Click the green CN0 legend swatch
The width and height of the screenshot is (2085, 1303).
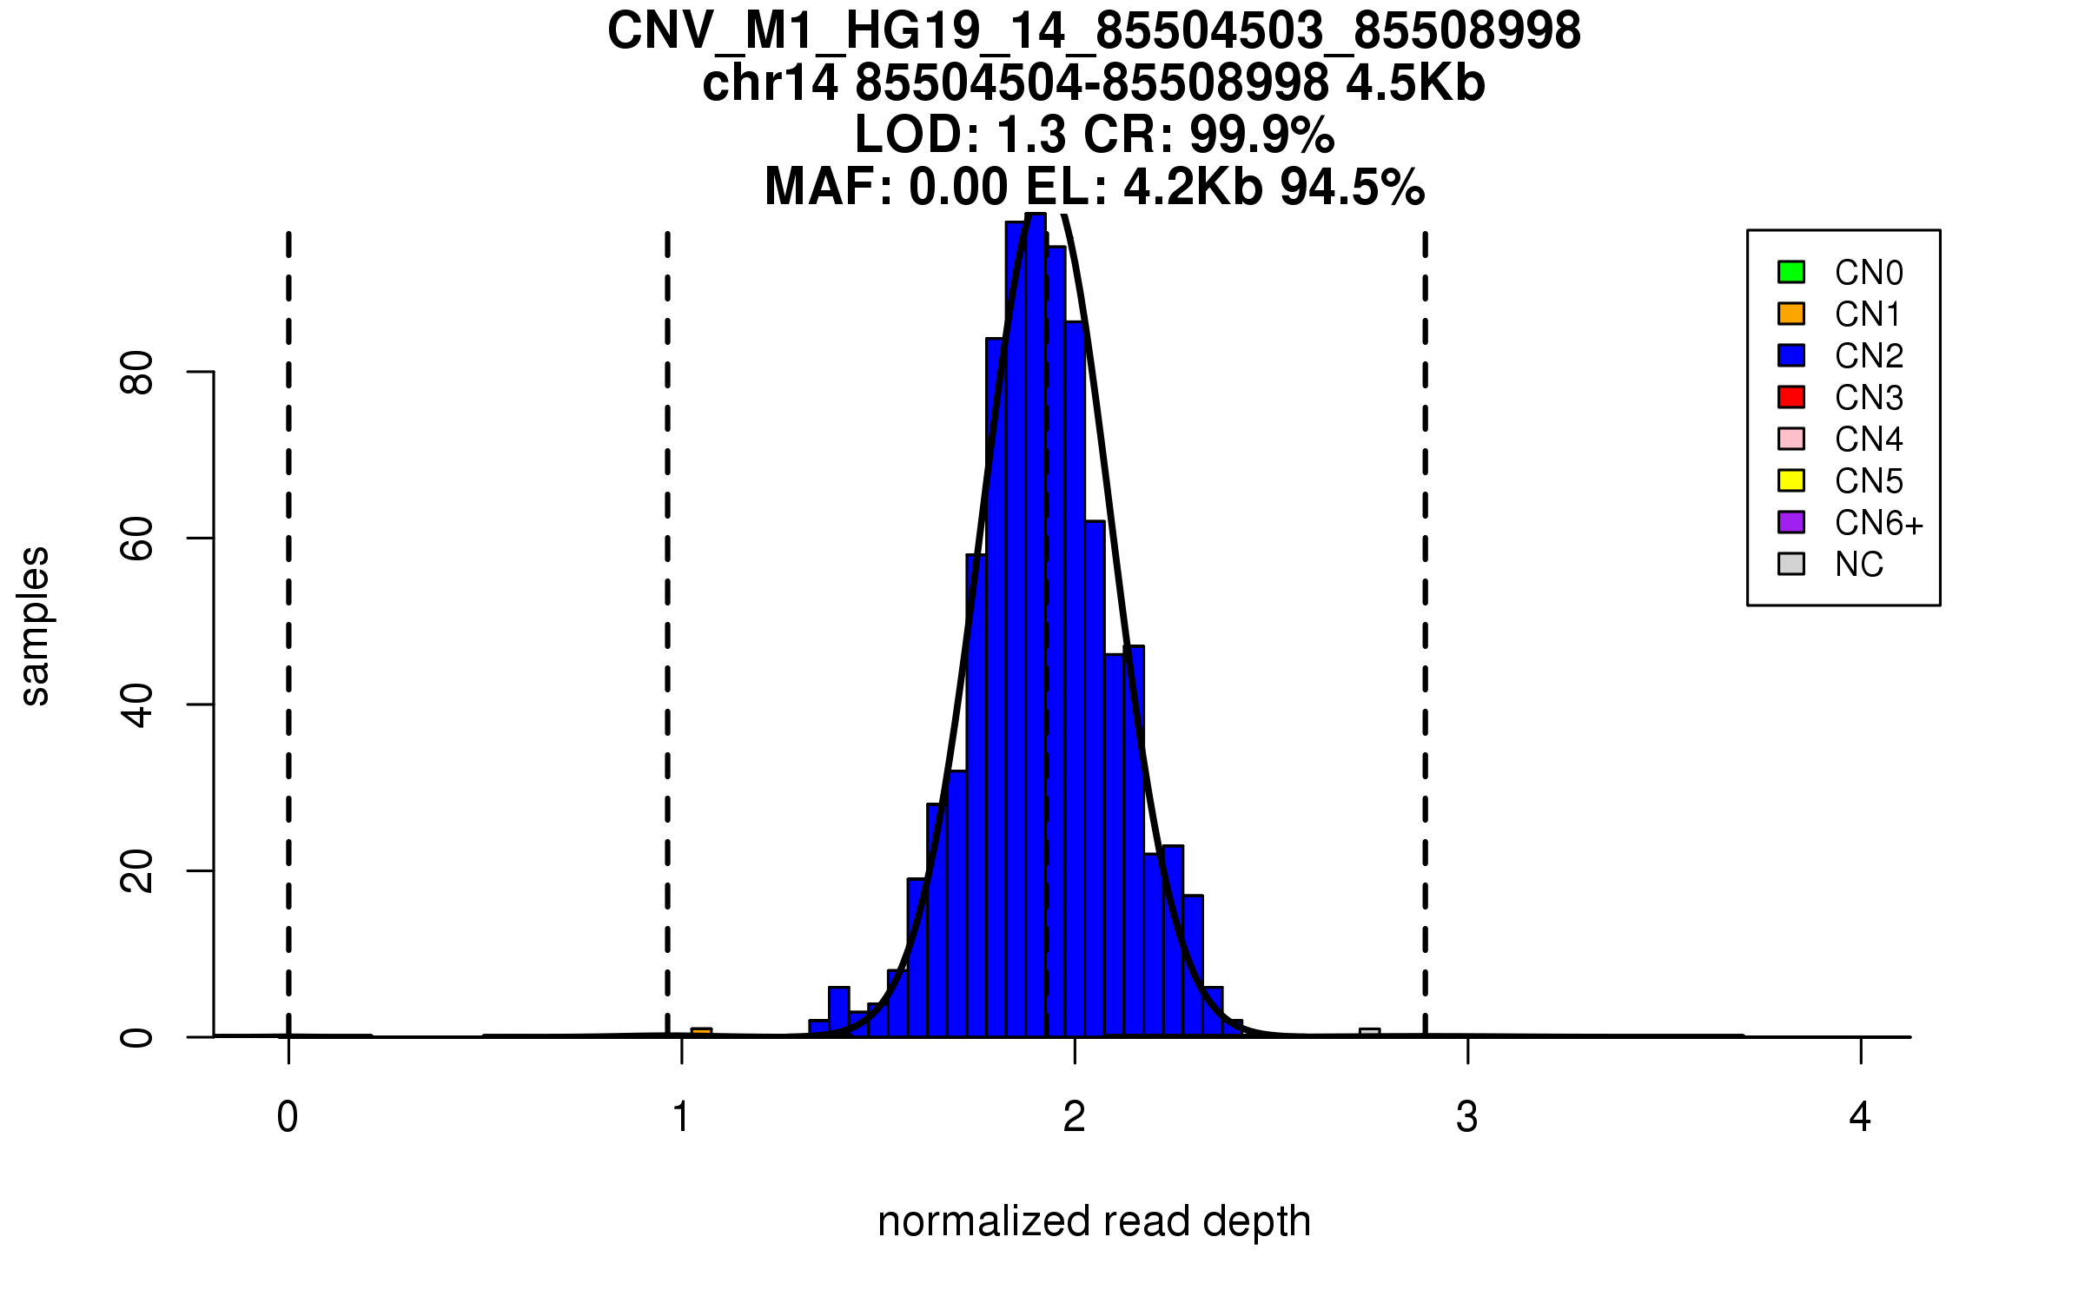click(1791, 272)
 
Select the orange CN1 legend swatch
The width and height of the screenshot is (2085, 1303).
click(1791, 314)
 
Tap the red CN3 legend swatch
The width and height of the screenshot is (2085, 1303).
click(1791, 397)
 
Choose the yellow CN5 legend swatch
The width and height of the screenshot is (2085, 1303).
click(1791, 480)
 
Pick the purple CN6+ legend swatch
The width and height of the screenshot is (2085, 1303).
click(1791, 522)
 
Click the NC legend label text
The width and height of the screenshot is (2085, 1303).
click(1858, 565)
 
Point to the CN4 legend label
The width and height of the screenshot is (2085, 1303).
click(1868, 440)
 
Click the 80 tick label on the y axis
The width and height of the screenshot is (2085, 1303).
click(137, 373)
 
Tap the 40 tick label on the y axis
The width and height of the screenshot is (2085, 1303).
click(137, 704)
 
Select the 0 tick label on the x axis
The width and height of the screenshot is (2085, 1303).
click(288, 1117)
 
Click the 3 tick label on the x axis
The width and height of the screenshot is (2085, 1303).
click(1467, 1117)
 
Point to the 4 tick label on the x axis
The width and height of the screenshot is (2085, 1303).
click(1860, 1117)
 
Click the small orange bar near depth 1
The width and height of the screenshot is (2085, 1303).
click(701, 1032)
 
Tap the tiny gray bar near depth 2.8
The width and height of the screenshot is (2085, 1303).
click(1369, 1032)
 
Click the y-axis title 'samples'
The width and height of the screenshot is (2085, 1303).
click(35, 625)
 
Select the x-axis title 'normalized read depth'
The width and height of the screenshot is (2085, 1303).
click(1094, 1221)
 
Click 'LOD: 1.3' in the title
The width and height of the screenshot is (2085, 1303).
click(960, 135)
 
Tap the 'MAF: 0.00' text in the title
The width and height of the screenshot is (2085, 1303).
click(886, 187)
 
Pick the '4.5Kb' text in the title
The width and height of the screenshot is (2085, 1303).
click(1415, 83)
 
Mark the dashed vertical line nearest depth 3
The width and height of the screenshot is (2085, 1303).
click(1426, 608)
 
